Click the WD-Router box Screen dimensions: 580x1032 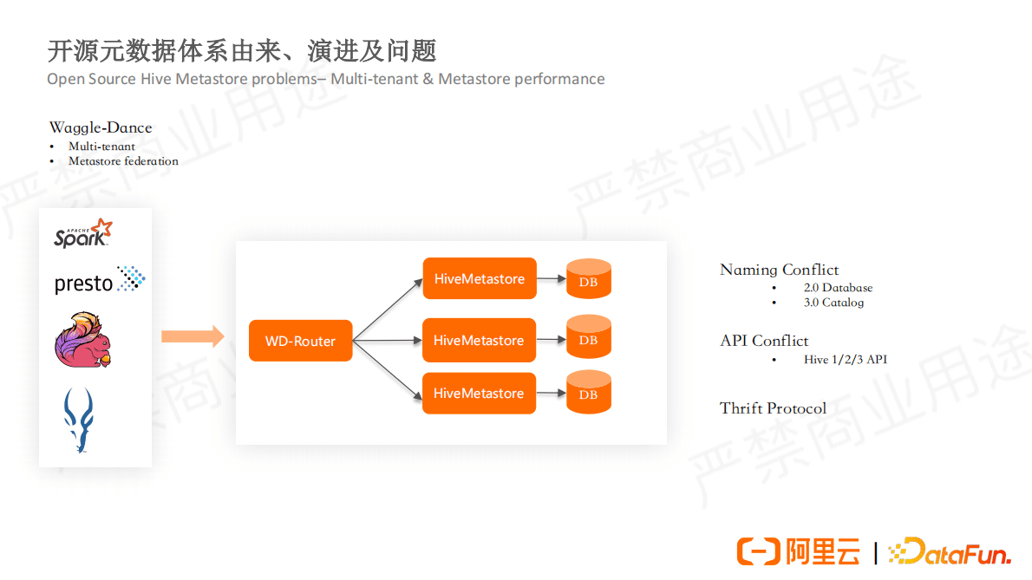click(x=300, y=341)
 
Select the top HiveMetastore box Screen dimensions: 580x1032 click(x=479, y=279)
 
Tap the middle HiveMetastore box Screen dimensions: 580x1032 click(x=479, y=341)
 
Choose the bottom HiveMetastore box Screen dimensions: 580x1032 click(x=479, y=394)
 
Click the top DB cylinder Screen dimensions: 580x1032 click(x=588, y=279)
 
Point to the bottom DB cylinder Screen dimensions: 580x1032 click(x=588, y=392)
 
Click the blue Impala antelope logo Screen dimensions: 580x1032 click(x=79, y=420)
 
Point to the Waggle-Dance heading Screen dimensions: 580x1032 click(x=101, y=127)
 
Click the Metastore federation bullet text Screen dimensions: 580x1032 click(x=123, y=161)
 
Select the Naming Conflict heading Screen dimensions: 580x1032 click(x=779, y=270)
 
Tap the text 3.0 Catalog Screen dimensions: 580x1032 click(x=833, y=303)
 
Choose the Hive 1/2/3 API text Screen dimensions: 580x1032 click(x=845, y=359)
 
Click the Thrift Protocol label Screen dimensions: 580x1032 click(x=773, y=408)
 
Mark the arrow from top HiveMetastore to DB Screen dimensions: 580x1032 click(x=550, y=279)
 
